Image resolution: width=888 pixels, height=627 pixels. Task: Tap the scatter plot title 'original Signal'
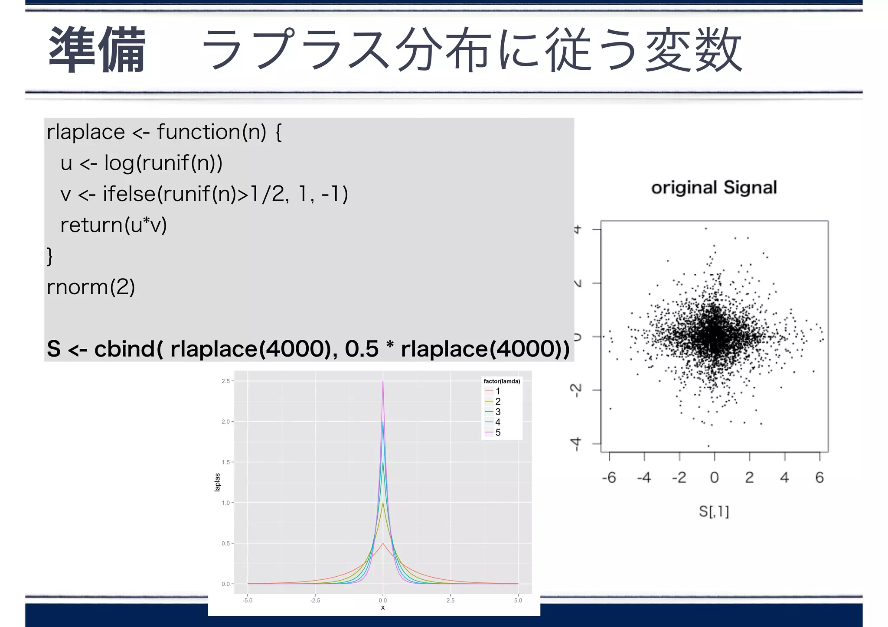coord(714,188)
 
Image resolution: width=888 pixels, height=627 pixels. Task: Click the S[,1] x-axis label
coord(714,512)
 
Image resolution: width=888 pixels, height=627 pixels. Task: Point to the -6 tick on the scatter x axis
coord(609,478)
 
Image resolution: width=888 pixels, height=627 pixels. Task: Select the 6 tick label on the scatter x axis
coord(819,478)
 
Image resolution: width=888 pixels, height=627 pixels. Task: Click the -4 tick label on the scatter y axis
coord(576,444)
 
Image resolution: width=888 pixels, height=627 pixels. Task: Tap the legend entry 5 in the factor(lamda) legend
coord(498,432)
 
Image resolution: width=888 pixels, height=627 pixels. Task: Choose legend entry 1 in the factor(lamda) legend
coord(498,391)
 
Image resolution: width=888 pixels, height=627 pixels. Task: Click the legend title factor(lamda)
coord(502,381)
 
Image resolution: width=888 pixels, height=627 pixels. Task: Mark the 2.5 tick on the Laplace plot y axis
coord(225,381)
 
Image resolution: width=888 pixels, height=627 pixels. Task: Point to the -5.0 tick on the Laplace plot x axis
coord(247,601)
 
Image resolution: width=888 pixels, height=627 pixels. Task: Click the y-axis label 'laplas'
coord(217,482)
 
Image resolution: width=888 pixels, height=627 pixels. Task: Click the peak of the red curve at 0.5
coord(383,543)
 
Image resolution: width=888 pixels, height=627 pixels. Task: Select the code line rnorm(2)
coord(91,287)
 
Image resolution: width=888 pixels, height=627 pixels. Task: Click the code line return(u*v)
coord(114,225)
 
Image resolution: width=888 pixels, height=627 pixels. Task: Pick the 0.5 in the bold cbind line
coord(362,349)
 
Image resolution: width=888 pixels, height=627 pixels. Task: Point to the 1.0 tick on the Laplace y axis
coord(225,503)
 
